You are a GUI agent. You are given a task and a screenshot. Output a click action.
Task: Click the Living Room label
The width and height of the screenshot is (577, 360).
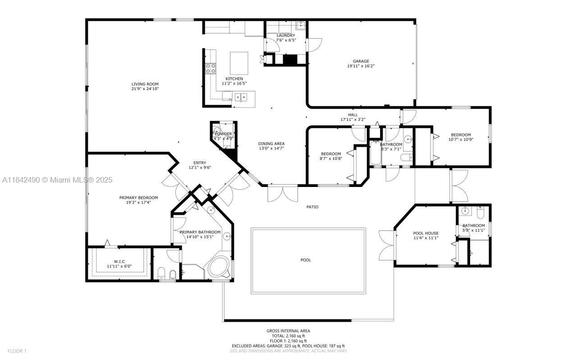coord(145,84)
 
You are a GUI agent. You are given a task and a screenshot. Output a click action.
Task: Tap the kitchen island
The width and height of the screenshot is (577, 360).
coord(239,63)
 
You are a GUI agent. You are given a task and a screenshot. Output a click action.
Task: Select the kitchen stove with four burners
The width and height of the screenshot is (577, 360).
coord(211,68)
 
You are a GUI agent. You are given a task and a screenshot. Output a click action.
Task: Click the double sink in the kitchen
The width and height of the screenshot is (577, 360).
coord(240,96)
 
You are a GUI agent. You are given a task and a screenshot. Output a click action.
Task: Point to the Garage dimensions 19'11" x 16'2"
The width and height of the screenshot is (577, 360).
coord(361,66)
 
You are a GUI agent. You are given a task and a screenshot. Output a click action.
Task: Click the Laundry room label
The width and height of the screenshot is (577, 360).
coord(286,35)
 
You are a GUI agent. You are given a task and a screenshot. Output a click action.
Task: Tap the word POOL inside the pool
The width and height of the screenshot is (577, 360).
coord(306,260)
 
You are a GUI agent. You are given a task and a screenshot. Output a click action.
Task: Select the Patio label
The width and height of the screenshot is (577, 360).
coord(312,207)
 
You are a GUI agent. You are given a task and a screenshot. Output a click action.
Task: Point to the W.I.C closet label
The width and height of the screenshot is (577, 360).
coord(119,261)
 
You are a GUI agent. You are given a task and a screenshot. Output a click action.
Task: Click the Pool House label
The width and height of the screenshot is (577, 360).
coord(426,233)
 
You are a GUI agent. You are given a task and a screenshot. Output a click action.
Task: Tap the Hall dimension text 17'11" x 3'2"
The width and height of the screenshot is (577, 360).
coord(353,120)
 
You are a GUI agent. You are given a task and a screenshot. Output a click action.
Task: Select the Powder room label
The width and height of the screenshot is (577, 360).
coord(223,134)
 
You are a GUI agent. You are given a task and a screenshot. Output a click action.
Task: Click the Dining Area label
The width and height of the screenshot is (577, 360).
coord(271,144)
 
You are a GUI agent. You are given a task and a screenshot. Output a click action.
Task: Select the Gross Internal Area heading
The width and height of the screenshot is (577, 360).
coord(288,331)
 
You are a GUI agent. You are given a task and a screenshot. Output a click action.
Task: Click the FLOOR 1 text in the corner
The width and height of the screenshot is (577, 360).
coord(17,351)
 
